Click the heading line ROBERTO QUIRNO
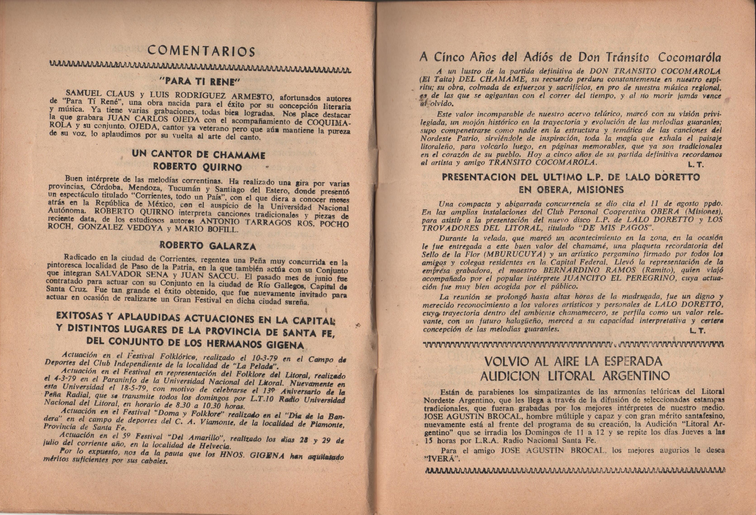click(198, 167)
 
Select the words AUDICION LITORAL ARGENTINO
click(575, 376)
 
